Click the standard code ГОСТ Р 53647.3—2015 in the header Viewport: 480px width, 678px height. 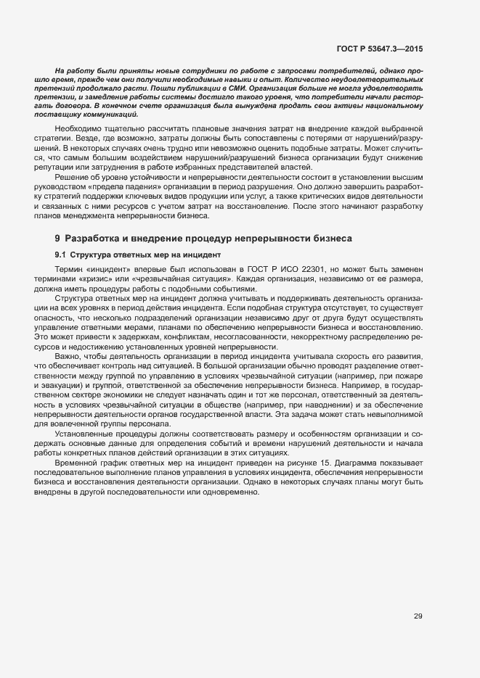pyautogui.click(x=380, y=49)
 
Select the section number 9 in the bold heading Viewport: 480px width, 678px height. pyautogui.click(x=57, y=238)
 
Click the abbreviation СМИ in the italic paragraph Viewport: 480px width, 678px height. pyautogui.click(x=235, y=86)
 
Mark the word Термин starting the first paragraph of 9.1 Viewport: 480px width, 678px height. pyautogui.click(x=69, y=270)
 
